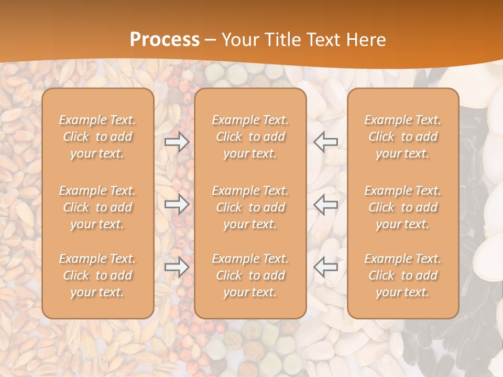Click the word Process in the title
point(165,40)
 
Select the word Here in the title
point(366,40)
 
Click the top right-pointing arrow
point(177,142)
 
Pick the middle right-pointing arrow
point(177,204)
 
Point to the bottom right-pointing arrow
point(177,267)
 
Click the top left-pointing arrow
point(326,142)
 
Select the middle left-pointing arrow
point(326,204)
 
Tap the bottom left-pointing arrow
point(326,267)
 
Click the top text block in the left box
point(97,137)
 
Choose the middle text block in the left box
point(97,207)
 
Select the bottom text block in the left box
point(97,275)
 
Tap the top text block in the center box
point(250,137)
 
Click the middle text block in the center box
point(250,207)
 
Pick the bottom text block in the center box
point(250,275)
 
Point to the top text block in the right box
point(403,137)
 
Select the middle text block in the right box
point(403,207)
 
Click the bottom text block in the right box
point(403,275)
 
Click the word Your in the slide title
point(240,40)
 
